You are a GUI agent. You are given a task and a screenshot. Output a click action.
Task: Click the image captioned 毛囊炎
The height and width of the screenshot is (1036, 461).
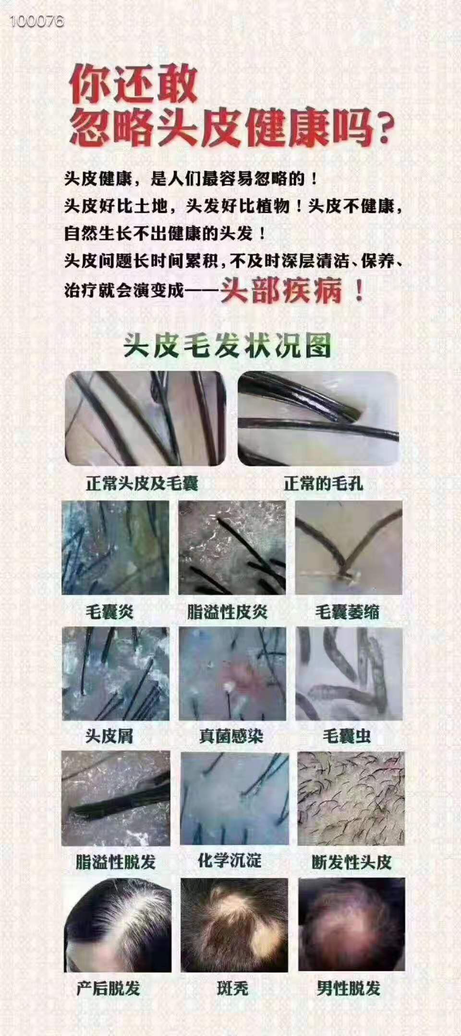tap(115, 548)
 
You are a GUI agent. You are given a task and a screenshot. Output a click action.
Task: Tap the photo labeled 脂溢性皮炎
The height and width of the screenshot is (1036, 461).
tap(232, 548)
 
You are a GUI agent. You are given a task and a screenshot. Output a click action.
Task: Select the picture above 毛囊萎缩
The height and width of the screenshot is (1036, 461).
tap(349, 548)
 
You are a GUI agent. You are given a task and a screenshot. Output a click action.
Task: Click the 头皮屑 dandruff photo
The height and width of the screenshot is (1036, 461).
tap(116, 673)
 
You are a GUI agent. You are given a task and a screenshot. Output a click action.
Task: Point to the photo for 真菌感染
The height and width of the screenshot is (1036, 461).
tap(232, 673)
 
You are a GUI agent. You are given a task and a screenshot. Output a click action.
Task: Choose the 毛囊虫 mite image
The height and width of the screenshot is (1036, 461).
tap(349, 673)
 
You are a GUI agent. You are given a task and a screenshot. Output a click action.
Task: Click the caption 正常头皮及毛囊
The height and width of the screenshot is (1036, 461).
tap(142, 483)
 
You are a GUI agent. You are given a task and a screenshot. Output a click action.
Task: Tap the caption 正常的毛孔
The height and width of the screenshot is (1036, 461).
tap(323, 483)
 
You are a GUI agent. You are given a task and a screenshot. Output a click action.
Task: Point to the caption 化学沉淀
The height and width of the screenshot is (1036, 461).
tap(230, 860)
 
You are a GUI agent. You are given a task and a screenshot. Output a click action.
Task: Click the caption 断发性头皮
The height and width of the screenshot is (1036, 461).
tap(352, 862)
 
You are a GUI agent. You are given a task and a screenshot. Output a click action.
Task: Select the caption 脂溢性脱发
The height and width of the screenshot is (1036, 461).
tap(116, 861)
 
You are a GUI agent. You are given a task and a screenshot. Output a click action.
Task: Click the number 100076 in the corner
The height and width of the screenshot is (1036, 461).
tap(36, 21)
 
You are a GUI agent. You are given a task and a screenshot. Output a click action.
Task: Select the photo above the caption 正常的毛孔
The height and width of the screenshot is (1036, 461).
tap(318, 418)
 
